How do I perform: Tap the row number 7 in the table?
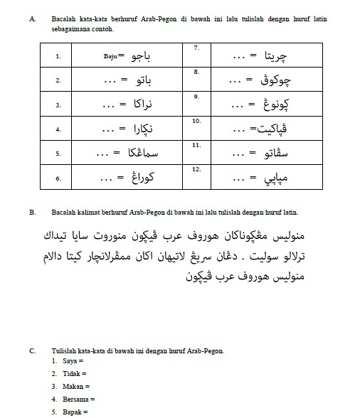(x=196, y=46)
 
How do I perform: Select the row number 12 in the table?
(x=198, y=169)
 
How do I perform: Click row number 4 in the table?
(x=58, y=129)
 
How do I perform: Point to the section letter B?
(x=33, y=212)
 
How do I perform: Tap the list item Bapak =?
(x=75, y=412)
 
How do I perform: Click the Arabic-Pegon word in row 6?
(x=147, y=178)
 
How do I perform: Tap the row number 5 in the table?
(x=58, y=154)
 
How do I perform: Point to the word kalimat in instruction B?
(x=88, y=212)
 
